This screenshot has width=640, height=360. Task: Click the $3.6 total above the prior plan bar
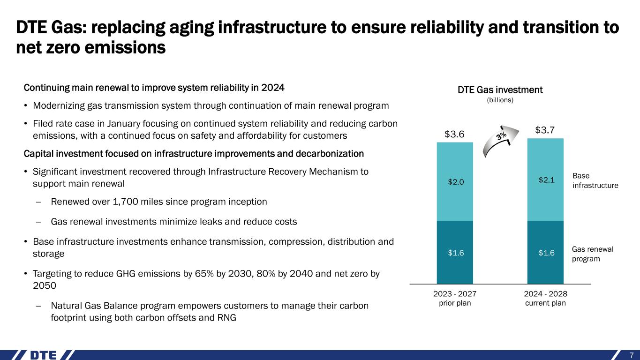click(454, 134)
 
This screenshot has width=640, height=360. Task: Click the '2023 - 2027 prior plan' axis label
click(454, 298)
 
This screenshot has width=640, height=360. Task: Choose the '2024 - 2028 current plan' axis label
click(545, 298)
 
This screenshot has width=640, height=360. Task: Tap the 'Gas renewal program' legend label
click(593, 254)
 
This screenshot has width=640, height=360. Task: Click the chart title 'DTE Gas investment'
click(500, 90)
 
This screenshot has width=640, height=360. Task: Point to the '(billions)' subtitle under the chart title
click(500, 100)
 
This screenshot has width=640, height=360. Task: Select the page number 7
click(632, 354)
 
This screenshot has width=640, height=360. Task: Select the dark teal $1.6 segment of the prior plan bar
click(454, 253)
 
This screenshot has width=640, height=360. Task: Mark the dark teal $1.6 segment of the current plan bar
click(545, 253)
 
